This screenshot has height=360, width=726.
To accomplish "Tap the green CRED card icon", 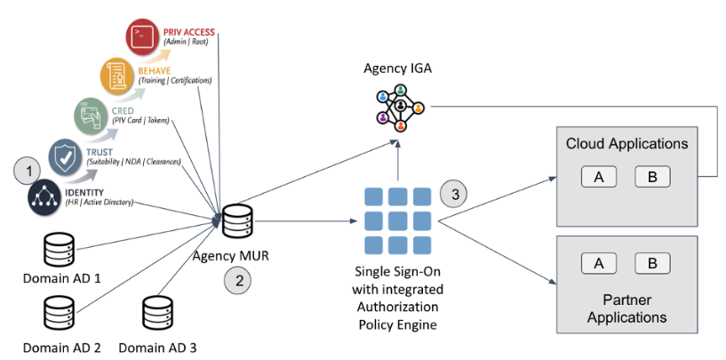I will point(92,116).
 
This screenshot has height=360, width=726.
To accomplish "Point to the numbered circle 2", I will point(237,279).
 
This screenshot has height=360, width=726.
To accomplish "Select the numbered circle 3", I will point(454,192).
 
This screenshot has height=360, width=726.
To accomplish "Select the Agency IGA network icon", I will point(399,107).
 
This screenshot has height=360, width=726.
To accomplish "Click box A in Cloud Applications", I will point(599,177).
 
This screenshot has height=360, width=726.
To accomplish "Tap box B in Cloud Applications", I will point(652,177).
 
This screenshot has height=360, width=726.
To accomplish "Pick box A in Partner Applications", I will point(599,262).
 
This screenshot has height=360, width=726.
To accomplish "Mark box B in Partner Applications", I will point(652,262).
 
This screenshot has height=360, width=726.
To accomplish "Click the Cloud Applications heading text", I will point(626,143).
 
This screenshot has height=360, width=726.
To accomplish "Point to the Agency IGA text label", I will point(399,68).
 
